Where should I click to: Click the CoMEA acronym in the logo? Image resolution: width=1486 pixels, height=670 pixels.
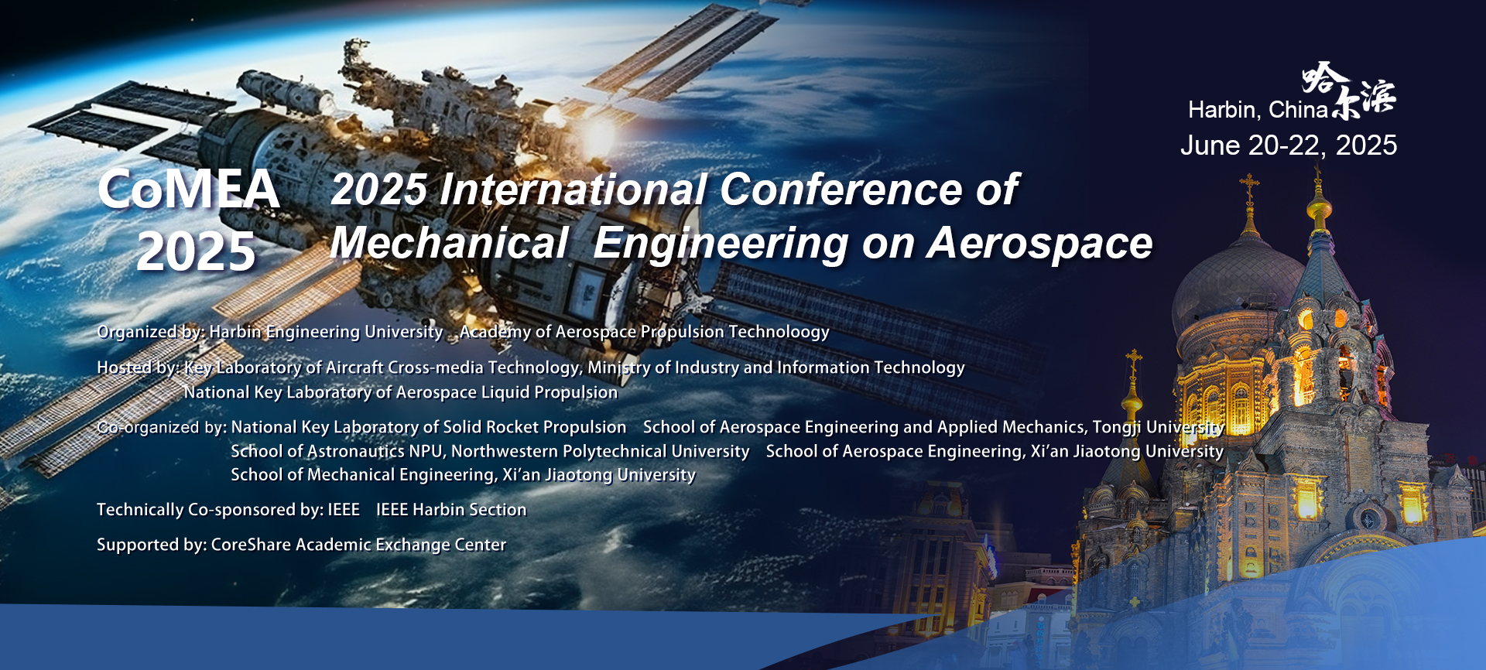188,190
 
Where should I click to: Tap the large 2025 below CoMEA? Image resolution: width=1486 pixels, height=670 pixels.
196,251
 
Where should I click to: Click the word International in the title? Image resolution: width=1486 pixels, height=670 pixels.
574,190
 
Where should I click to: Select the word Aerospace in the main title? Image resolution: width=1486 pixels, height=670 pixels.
1040,244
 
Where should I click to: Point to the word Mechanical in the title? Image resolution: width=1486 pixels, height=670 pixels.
450,243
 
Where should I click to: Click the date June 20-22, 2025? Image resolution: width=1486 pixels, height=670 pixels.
1289,145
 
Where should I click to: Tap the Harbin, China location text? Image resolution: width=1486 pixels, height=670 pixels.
1258,110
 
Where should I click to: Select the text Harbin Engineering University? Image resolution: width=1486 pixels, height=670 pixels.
326,332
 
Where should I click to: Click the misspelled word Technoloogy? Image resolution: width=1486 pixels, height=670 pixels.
779,332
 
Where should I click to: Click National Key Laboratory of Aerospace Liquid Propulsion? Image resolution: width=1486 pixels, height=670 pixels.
401,392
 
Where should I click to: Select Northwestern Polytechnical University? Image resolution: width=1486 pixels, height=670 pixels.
601,451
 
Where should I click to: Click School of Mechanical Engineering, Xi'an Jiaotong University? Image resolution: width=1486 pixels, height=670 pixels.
463,475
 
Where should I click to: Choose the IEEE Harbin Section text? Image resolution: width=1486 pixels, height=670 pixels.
451,510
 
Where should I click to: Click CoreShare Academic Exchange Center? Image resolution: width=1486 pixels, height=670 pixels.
358,545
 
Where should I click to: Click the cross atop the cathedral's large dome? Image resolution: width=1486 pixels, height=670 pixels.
1249,187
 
